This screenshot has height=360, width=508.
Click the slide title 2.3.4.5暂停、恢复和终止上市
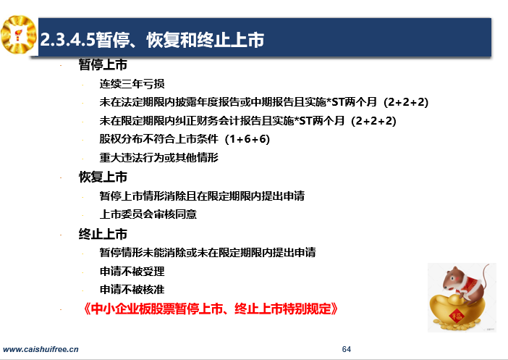152,40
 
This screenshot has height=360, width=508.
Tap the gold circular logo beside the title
18,34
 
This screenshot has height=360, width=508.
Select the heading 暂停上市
103,64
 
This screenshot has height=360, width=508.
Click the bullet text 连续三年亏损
132,84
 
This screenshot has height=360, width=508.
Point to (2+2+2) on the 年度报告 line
406,102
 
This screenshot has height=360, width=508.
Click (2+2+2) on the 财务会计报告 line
373,121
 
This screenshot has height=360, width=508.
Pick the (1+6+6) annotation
247,139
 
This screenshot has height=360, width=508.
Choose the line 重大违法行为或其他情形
158,158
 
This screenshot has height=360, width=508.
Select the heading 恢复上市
103,177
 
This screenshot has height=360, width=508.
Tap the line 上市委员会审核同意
148,214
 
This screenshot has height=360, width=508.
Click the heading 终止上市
103,234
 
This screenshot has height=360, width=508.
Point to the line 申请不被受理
132,271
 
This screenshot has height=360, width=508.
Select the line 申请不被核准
132,289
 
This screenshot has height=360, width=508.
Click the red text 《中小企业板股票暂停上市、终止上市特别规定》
211,309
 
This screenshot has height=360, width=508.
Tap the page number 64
347,349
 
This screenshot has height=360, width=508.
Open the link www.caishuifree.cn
41,349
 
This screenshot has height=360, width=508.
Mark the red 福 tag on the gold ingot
456,315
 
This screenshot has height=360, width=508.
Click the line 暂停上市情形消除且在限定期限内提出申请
202,196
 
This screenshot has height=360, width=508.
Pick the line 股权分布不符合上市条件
158,139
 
